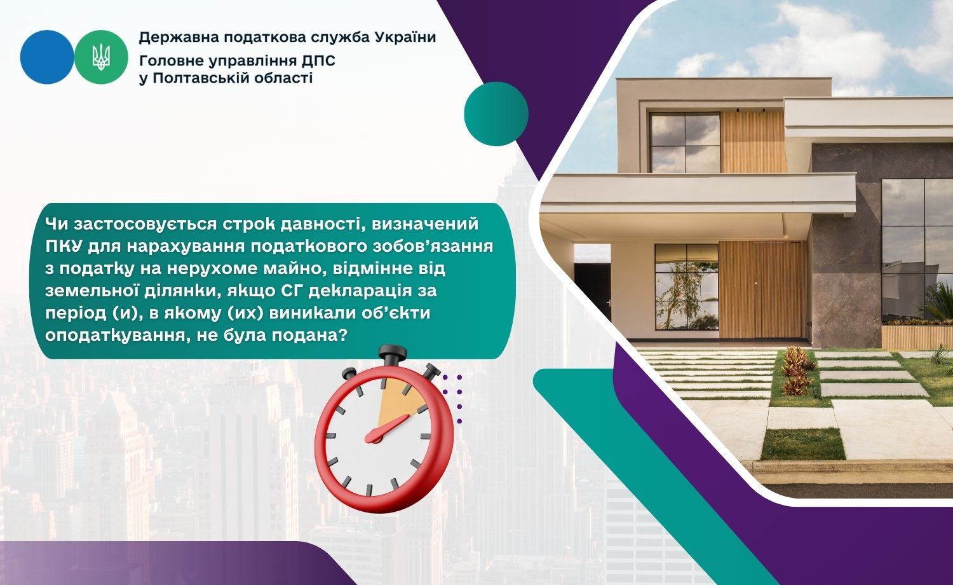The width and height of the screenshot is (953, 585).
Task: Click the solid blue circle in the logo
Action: pyautogui.click(x=47, y=57)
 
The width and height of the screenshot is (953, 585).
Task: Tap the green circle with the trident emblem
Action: pyautogui.click(x=101, y=57)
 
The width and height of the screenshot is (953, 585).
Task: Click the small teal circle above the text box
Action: pyautogui.click(x=496, y=114)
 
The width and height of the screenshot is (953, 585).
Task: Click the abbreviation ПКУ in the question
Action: pyautogui.click(x=64, y=247)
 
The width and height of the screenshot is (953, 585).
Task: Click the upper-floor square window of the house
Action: pyautogui.click(x=685, y=142)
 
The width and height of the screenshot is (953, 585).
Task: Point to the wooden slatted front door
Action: pyautogui.click(x=764, y=290)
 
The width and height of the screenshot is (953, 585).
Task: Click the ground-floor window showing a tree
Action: pyautogui.click(x=686, y=287)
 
